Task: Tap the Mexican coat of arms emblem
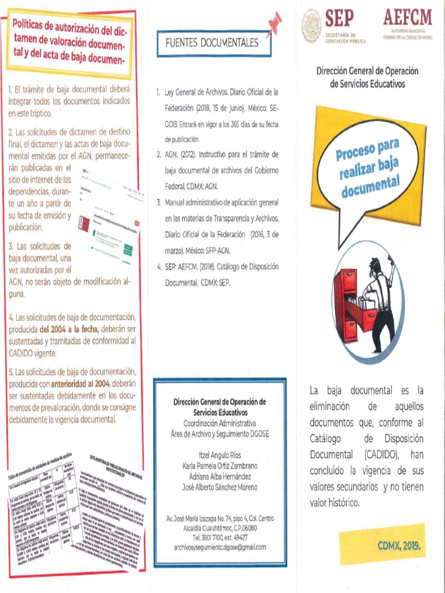point(311,26)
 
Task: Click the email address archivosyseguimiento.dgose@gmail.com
point(220,547)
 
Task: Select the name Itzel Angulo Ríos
point(220,456)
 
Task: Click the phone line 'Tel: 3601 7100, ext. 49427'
point(220,537)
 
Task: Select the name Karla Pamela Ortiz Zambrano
point(220,466)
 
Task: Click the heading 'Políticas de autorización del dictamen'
point(70,42)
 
